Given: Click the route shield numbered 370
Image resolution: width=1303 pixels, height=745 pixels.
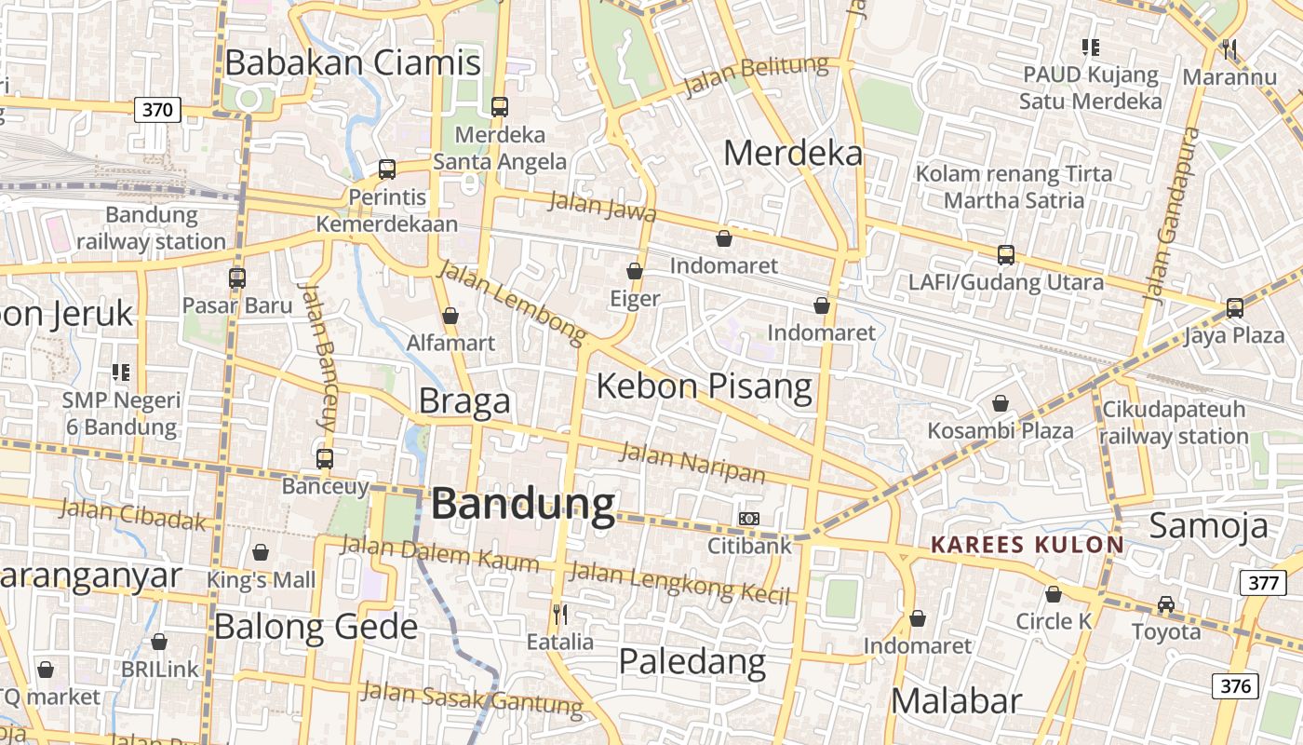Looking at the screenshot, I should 157,110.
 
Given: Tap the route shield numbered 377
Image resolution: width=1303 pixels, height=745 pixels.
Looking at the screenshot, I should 1262,583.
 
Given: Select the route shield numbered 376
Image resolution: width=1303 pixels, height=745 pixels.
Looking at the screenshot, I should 1234,686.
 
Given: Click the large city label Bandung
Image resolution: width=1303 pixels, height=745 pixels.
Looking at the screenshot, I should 523,504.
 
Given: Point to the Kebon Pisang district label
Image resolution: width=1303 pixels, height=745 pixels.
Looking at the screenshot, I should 704,385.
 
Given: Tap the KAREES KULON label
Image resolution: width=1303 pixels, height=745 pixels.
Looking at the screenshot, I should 1028,545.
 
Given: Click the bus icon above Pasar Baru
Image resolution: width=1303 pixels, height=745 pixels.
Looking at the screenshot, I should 237,278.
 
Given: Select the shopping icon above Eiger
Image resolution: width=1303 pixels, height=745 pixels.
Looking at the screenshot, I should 635,271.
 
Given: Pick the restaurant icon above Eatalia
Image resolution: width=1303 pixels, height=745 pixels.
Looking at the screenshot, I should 560,615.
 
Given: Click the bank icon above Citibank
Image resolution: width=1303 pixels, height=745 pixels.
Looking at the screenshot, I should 748,518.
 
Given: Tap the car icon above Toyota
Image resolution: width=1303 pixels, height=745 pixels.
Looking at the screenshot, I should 1166,604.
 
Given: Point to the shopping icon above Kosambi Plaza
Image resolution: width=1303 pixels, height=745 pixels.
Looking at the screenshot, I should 1001,403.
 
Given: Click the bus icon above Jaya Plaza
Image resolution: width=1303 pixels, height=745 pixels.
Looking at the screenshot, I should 1235,307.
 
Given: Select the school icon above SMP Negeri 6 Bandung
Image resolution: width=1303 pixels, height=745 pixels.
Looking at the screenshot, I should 121,372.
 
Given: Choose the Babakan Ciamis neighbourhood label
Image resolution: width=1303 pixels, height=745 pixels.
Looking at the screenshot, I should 353,62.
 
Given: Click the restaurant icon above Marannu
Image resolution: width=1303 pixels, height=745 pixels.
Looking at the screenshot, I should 1230,48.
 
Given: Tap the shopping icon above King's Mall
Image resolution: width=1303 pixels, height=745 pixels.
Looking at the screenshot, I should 261,552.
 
